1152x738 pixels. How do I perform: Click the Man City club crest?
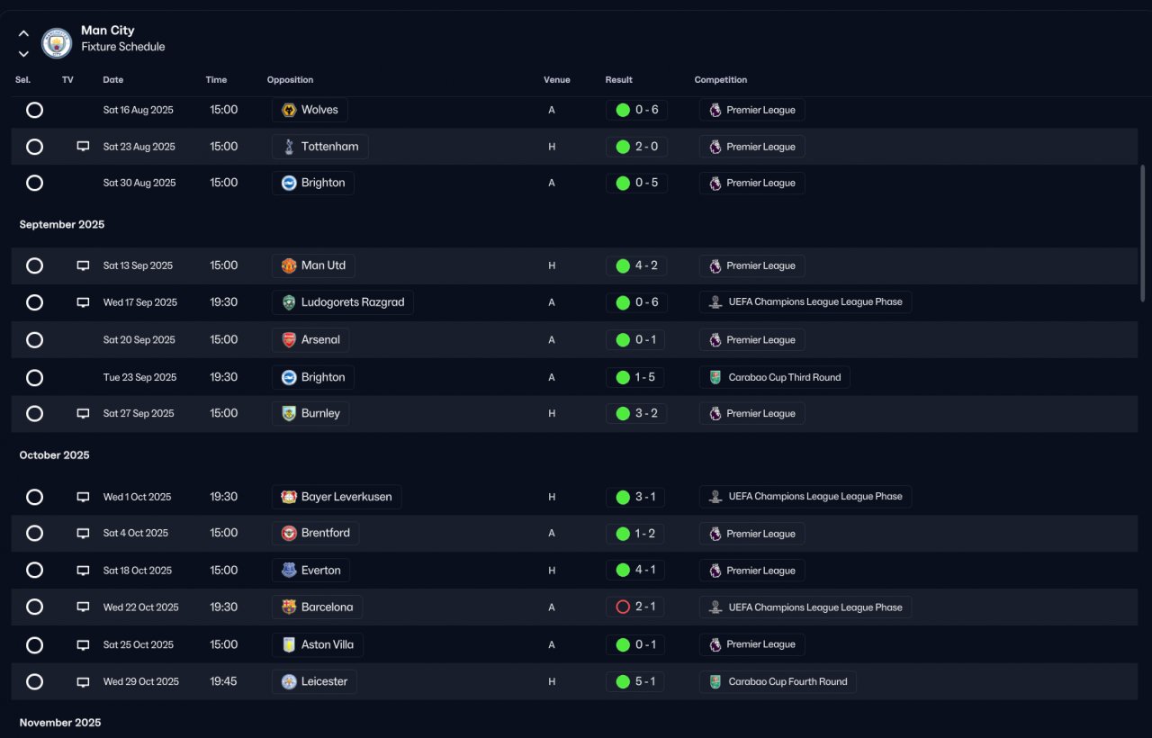tap(57, 42)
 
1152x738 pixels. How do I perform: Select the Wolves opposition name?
tap(319, 110)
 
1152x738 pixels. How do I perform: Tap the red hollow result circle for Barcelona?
tap(623, 607)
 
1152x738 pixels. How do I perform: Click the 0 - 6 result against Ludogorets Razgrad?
tap(646, 301)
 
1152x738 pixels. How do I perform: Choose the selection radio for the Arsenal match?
tap(34, 340)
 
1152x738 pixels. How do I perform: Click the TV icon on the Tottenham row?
tap(83, 147)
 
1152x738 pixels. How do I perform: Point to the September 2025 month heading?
tap(62, 224)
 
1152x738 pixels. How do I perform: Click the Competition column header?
tap(721, 80)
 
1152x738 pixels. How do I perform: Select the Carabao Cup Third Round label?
tap(784, 377)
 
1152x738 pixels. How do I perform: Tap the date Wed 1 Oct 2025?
tap(137, 497)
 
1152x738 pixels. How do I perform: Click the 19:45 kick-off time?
tap(223, 681)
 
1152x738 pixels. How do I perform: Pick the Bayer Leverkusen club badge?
tap(289, 497)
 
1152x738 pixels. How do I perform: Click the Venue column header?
tap(556, 80)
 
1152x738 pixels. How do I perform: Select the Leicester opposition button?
tap(314, 681)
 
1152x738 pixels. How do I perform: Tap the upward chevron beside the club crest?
tap(23, 33)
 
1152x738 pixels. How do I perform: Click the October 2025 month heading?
tap(54, 455)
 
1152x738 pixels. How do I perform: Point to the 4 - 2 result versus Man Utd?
tap(646, 265)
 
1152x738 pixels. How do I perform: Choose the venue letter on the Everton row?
tap(552, 571)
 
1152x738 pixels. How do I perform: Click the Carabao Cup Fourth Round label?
tap(787, 681)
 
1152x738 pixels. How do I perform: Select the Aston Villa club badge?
tap(289, 644)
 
